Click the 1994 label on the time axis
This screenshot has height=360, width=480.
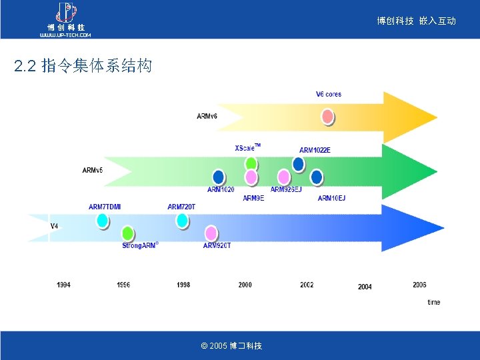coord(63,285)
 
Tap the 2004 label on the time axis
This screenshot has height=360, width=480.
coord(365,287)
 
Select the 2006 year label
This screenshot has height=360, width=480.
coord(419,285)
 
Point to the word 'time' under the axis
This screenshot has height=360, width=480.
coord(433,302)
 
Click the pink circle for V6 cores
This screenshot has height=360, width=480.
coord(328,117)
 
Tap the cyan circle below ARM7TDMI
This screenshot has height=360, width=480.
coord(102,219)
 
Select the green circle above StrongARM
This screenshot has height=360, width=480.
coord(127,233)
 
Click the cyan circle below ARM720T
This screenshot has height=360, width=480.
coord(182,219)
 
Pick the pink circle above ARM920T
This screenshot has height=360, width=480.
coord(211,233)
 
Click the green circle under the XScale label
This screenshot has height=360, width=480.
coord(251,163)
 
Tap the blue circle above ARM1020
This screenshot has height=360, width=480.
coord(218,177)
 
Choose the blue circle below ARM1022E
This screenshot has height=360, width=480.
coord(299,163)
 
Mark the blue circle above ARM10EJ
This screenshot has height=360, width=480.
coord(317,177)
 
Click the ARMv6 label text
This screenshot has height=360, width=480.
coord(207,116)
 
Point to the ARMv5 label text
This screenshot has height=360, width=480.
coord(92,170)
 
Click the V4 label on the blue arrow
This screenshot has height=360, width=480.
coord(55,226)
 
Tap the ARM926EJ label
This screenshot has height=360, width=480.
coord(286,189)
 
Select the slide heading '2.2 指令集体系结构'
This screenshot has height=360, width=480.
coord(83,66)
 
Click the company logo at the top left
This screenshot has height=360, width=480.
coord(65,19)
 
